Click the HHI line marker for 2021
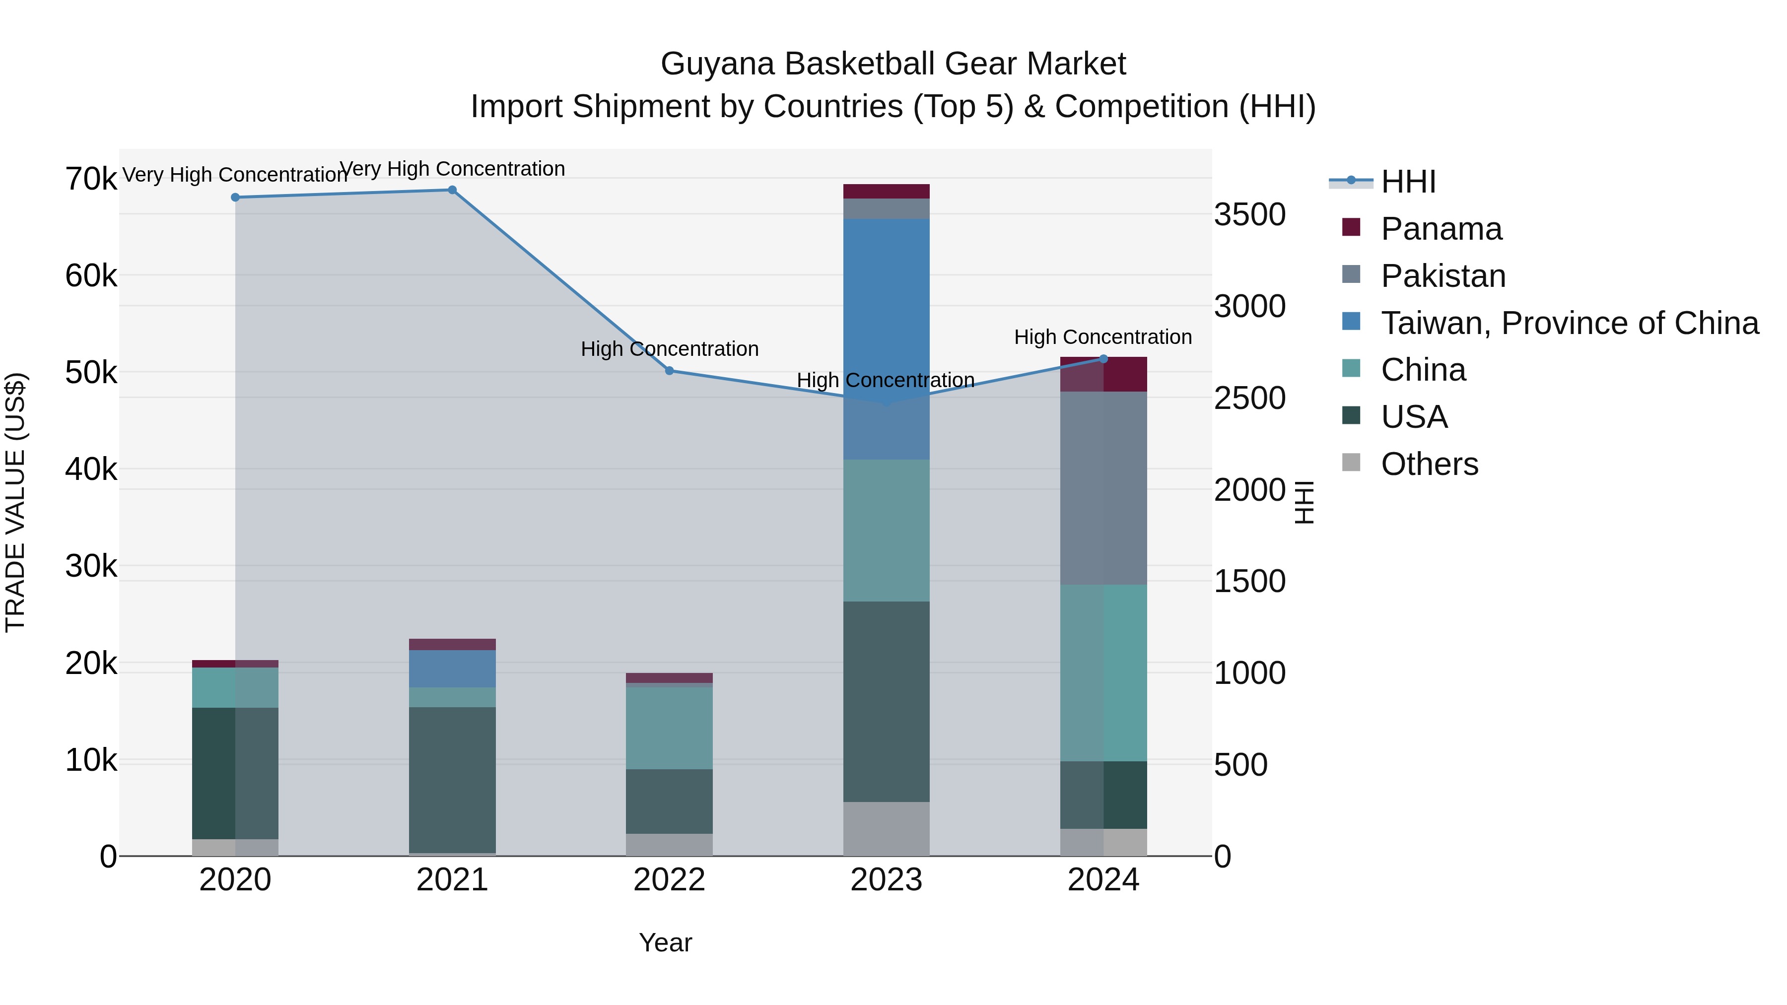[452, 190]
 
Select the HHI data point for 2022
[670, 371]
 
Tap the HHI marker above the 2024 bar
[1103, 359]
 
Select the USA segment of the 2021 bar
[452, 780]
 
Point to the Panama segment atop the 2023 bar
[886, 192]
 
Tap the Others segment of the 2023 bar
[886, 828]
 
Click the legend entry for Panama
[1441, 229]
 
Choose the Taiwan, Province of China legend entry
[1569, 323]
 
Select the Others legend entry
[1429, 464]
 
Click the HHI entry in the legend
[1408, 182]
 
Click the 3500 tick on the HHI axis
[1249, 214]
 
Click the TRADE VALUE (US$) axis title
[15, 502]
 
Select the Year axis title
[665, 942]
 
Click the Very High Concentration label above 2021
[452, 169]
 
